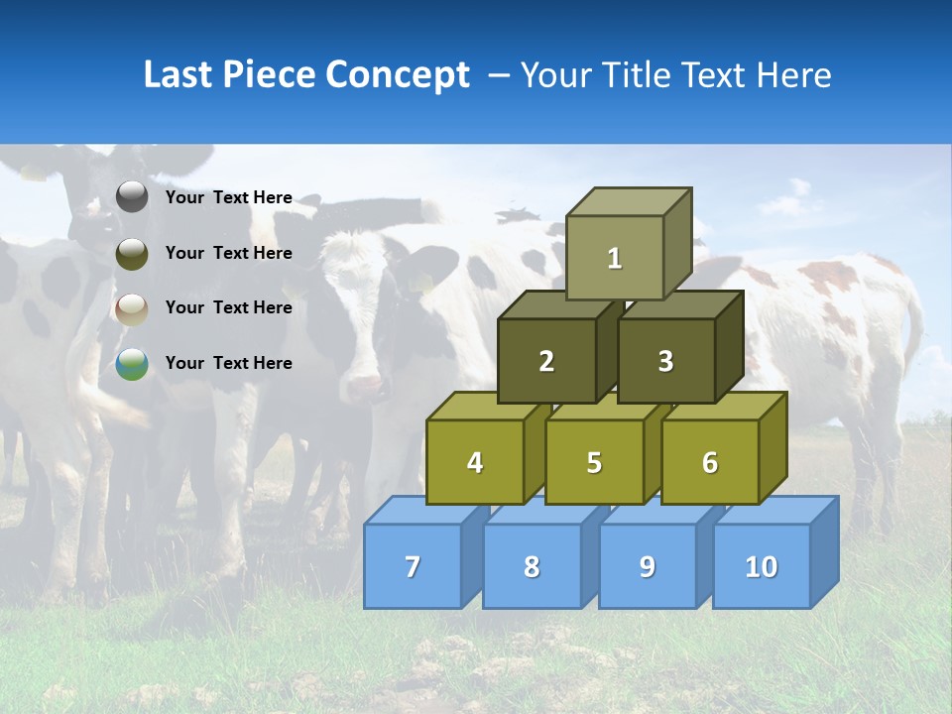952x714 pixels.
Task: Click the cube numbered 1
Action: click(x=615, y=258)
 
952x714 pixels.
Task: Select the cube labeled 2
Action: click(x=546, y=361)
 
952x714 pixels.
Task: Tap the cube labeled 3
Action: click(x=665, y=361)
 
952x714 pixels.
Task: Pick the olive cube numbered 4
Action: click(x=475, y=462)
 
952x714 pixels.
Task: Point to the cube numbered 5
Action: click(x=594, y=462)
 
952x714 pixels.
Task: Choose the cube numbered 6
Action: click(x=710, y=462)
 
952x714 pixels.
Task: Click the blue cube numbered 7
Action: click(x=413, y=566)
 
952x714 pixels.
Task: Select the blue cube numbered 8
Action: click(x=532, y=566)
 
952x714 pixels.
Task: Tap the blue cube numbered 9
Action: click(x=647, y=566)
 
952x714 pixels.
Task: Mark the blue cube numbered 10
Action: click(x=761, y=566)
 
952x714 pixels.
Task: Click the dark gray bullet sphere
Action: click(x=132, y=197)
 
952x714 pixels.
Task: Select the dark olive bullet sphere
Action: click(x=132, y=253)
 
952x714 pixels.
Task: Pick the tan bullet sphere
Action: click(x=132, y=308)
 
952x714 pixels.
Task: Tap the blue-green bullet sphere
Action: click(x=132, y=364)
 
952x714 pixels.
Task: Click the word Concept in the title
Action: click(x=398, y=75)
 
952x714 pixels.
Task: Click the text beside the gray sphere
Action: click(x=229, y=197)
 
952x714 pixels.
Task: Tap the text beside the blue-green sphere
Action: click(x=229, y=363)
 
